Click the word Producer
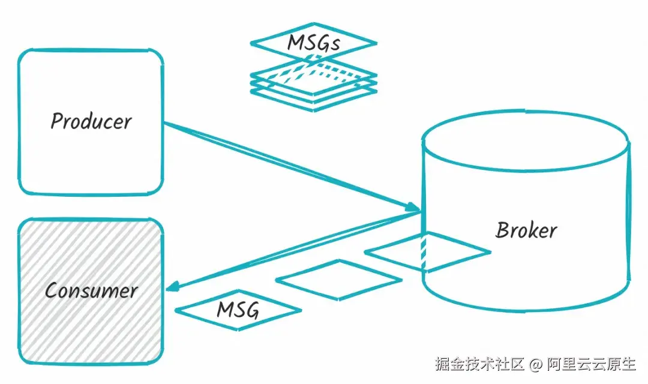91,121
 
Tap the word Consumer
91,291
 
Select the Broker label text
526,230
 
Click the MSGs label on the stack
314,43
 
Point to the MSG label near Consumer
238,310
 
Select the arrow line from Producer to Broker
288,165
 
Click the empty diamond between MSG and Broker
339,280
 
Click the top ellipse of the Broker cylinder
526,140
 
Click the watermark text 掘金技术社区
480,364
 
